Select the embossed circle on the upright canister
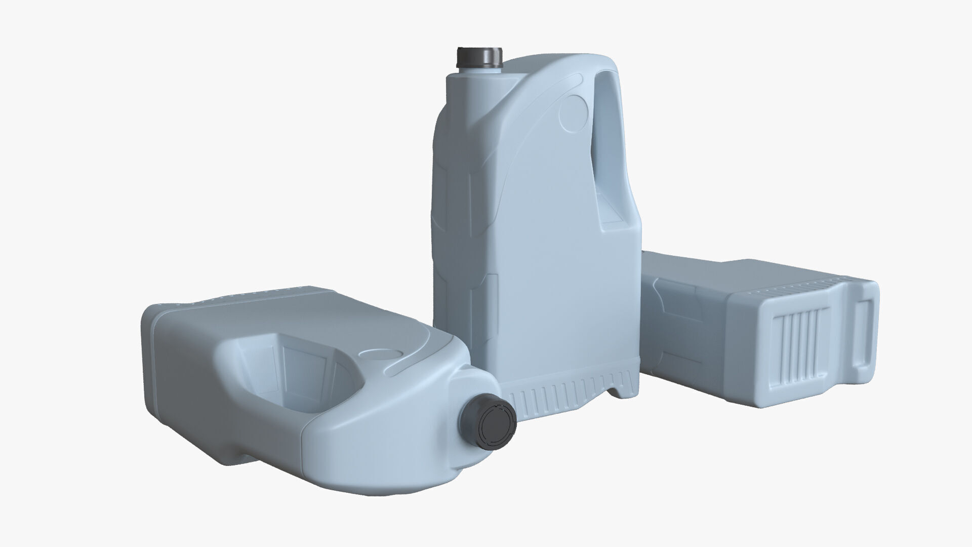click(574, 111)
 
